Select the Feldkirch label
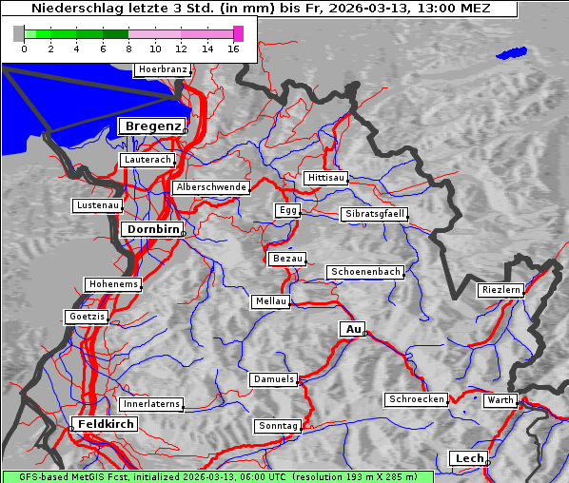106,424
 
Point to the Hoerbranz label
162,69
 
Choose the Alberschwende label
210,187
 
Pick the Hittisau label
326,178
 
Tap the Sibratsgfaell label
374,214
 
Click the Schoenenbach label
365,272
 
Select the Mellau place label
270,301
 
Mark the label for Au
352,329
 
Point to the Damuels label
274,379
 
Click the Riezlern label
500,289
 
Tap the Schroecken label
416,399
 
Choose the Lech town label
469,458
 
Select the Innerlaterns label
150,404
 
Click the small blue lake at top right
512,53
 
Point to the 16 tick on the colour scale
233,48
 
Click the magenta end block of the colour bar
238,33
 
